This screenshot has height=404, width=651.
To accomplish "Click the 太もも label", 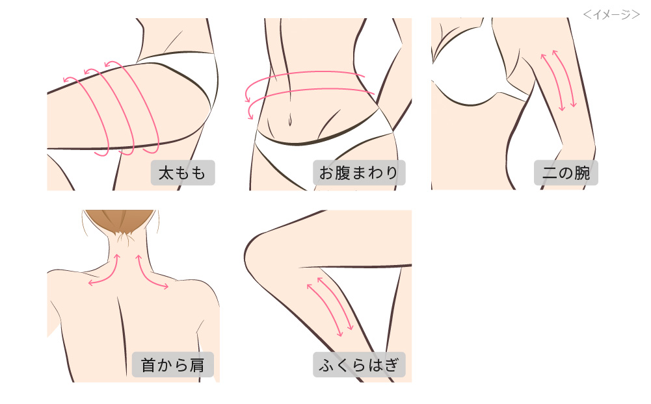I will coord(183,173).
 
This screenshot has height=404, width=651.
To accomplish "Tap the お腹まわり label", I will coord(359,173).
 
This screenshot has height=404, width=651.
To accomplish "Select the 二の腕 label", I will coord(566,173).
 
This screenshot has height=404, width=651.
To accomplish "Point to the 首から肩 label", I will coord(173,364).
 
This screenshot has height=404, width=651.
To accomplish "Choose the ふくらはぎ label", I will coord(359,364).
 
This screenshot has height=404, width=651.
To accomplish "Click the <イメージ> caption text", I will coord(611,14).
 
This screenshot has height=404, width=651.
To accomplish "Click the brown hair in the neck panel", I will coord(120,220).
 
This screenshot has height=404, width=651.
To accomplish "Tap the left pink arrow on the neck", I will coord(104,273).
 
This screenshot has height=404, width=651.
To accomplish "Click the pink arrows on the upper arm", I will coord(559,78).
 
